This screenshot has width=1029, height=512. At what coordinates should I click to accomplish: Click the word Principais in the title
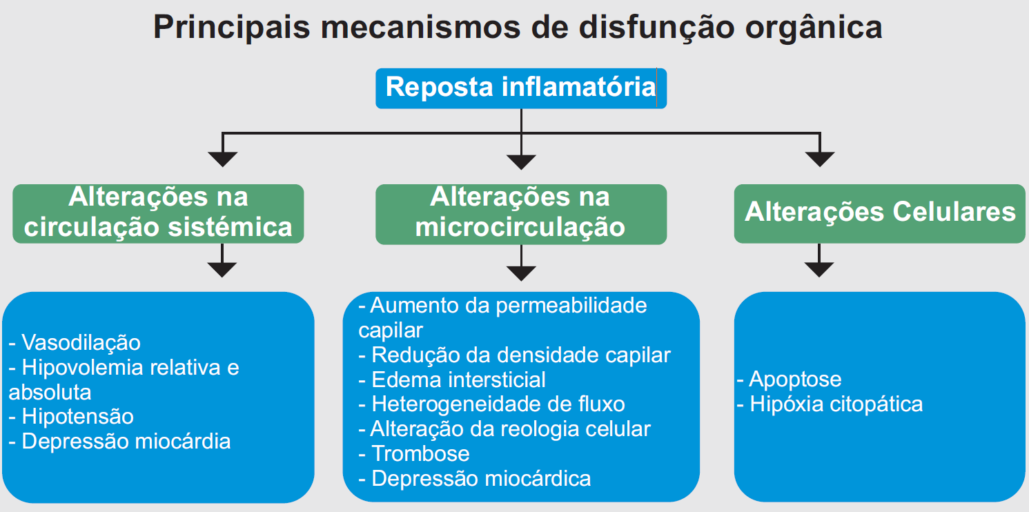coord(231,28)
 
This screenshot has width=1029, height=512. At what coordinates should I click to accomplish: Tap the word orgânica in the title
coord(814,28)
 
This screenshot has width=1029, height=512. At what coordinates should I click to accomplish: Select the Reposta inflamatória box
coord(521,88)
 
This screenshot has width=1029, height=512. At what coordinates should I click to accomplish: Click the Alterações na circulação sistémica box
coord(158,213)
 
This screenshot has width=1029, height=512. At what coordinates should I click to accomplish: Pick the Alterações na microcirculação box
coord(521,214)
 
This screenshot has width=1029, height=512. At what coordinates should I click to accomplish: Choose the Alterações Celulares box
coord(880,213)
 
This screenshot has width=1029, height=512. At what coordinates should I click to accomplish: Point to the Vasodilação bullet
coord(75,342)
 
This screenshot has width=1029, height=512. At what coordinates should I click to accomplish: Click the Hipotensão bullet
coord(71,417)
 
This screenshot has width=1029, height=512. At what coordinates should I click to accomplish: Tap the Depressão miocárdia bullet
coord(119,442)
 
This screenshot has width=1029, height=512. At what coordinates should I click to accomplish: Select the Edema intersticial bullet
coord(452,380)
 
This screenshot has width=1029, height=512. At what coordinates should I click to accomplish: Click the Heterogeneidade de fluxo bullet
coord(491,404)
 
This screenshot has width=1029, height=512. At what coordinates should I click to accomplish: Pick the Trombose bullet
coord(414,453)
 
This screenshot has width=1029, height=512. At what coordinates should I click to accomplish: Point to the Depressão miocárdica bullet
coord(475,478)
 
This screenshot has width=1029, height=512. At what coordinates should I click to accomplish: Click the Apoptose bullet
coord(789,380)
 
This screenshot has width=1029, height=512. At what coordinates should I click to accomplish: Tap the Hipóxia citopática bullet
coord(830,404)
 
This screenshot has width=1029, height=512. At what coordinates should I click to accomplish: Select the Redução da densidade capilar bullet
coord(515,355)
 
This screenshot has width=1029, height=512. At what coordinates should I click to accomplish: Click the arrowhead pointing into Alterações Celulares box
coord(820,159)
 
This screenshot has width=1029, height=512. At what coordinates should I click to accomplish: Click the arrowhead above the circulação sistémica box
coord(223,159)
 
